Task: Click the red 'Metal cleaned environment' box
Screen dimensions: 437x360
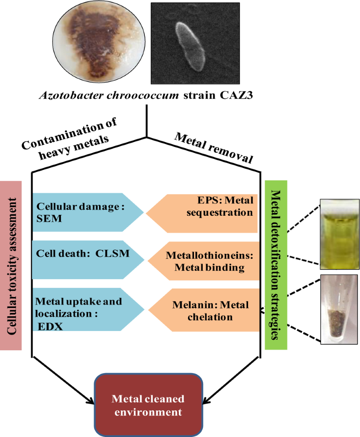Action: click(148, 405)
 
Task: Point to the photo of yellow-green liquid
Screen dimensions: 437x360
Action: click(340, 234)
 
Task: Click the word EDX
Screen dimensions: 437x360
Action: click(48, 326)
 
